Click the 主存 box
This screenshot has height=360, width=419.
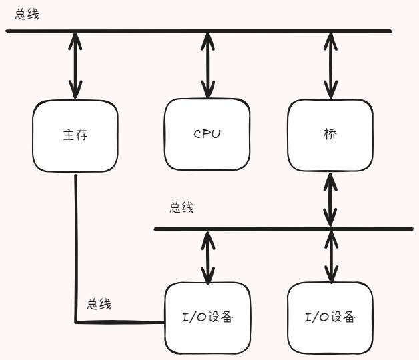coord(75,136)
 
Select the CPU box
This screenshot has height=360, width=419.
coord(207,134)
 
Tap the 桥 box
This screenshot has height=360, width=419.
coord(330,134)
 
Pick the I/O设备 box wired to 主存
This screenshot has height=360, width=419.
coord(207,317)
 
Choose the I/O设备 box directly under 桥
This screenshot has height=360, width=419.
coord(330,317)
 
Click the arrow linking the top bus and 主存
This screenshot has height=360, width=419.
coord(75,65)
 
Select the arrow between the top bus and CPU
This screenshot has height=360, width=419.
coord(207,65)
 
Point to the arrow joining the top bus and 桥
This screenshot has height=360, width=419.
coord(330,65)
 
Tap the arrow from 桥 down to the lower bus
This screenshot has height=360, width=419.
coord(330,199)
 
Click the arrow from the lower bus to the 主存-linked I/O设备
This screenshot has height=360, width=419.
coord(207,255)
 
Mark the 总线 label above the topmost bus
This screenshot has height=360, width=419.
coord(27,14)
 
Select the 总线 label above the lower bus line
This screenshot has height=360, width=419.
coord(181,208)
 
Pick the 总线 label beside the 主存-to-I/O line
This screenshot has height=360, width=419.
coord(99,304)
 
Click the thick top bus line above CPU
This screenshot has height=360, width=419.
coord(207,31)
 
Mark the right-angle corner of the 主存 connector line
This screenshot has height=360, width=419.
coord(76,323)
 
